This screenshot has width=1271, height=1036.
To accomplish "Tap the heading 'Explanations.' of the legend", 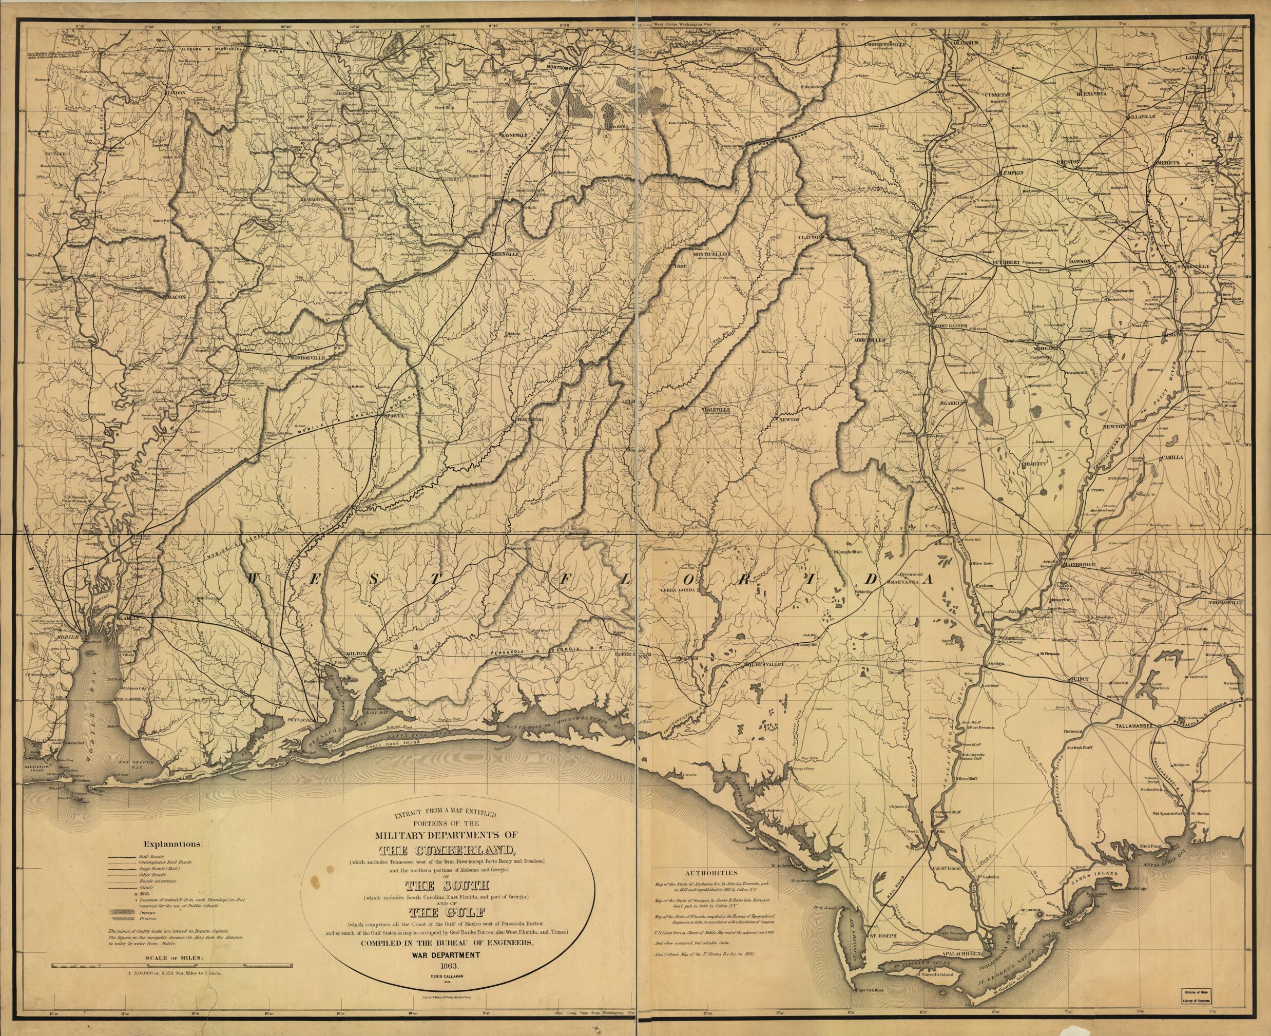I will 172,844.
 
